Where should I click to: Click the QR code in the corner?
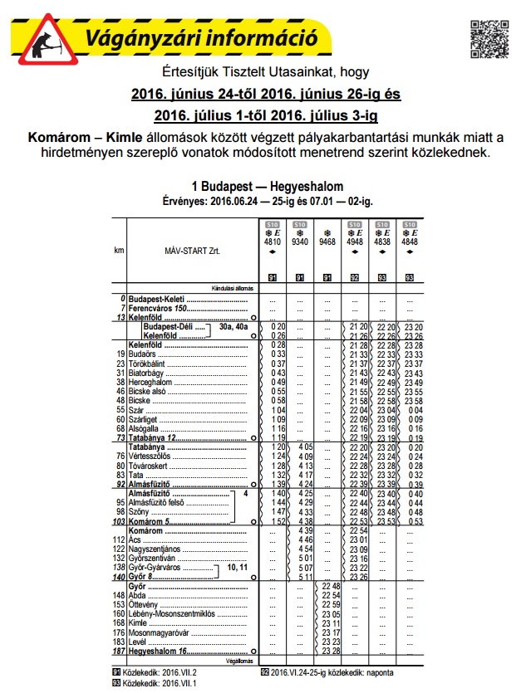point(490,35)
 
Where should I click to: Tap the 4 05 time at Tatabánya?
point(306,447)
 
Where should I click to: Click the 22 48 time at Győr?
point(332,586)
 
